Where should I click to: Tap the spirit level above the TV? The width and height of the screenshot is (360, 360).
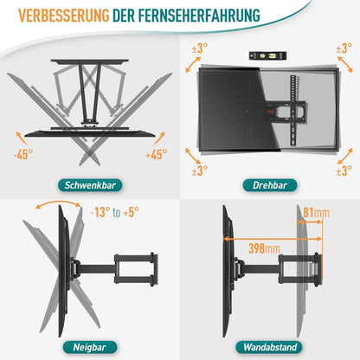(x=266, y=53)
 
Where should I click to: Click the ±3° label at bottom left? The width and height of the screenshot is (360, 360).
(x=201, y=170)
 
